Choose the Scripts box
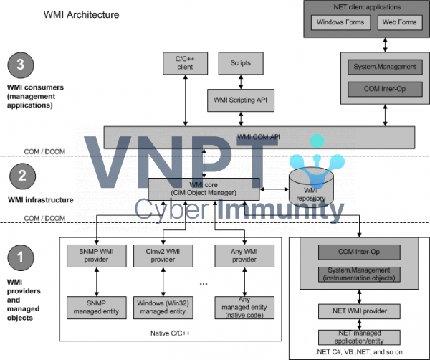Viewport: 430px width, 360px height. point(242,62)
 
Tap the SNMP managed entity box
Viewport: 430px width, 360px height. point(91,308)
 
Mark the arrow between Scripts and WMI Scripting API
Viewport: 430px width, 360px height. point(242,80)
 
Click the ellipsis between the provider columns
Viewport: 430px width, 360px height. point(204,283)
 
